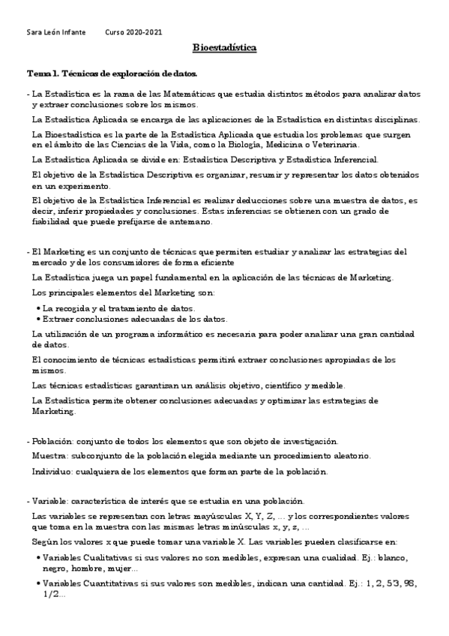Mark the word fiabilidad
(52, 223)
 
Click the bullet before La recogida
(39, 308)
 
